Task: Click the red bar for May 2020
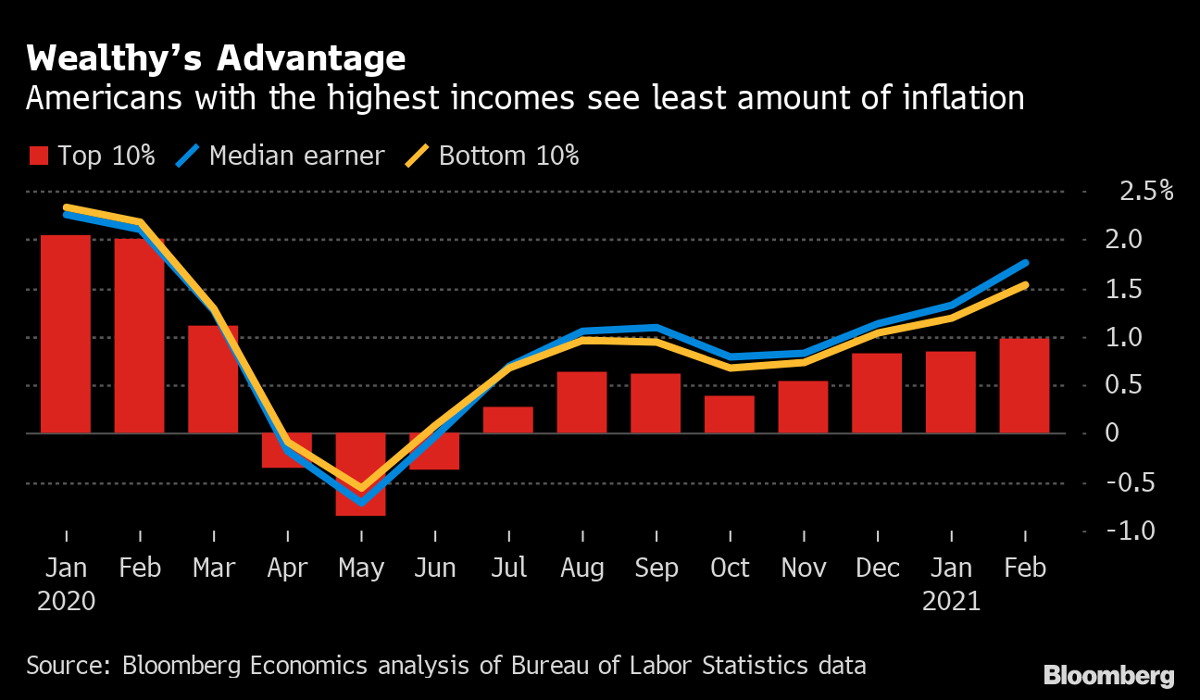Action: click(x=360, y=474)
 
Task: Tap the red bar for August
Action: click(x=581, y=403)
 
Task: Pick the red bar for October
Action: click(x=729, y=415)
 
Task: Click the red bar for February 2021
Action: click(x=1024, y=386)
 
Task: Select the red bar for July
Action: click(x=507, y=419)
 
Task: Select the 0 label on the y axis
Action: click(x=1113, y=433)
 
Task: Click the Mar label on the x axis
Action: click(x=214, y=568)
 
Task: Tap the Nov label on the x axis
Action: click(x=804, y=568)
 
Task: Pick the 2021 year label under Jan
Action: click(x=951, y=601)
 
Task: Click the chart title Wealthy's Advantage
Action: click(x=216, y=59)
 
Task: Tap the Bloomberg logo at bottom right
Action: click(x=1108, y=675)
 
